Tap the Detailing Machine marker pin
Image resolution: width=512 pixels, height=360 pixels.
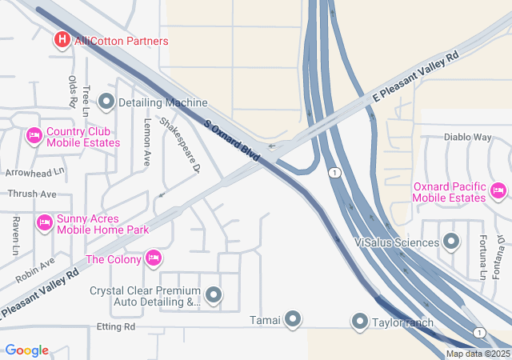106,102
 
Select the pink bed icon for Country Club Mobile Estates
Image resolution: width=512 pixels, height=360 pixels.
34,137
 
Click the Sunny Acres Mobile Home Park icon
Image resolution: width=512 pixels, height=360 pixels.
45,222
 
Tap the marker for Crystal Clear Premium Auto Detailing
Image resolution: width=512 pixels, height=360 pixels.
214,296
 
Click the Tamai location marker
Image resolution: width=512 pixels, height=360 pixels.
293,320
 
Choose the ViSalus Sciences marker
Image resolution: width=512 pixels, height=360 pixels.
452,242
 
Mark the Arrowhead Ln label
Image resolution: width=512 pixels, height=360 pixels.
33,172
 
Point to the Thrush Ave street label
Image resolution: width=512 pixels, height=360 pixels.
32,194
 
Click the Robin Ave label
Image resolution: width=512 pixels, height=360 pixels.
35,270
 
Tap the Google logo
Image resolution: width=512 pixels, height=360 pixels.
26,350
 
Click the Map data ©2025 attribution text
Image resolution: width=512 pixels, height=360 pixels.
478,354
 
